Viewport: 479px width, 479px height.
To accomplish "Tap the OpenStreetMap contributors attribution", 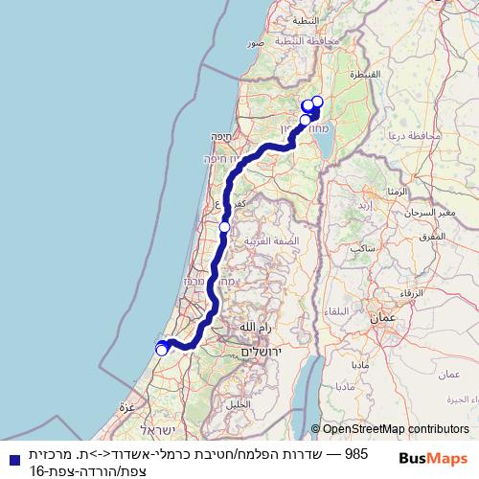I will tap(389, 430).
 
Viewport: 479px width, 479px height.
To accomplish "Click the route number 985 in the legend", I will tap(355, 452).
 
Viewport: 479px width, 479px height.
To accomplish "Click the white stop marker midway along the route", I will tap(224, 227).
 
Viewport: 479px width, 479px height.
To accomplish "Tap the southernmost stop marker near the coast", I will tap(162, 350).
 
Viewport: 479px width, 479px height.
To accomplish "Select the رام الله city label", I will tap(256, 328).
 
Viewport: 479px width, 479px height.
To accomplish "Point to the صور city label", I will tap(256, 43).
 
